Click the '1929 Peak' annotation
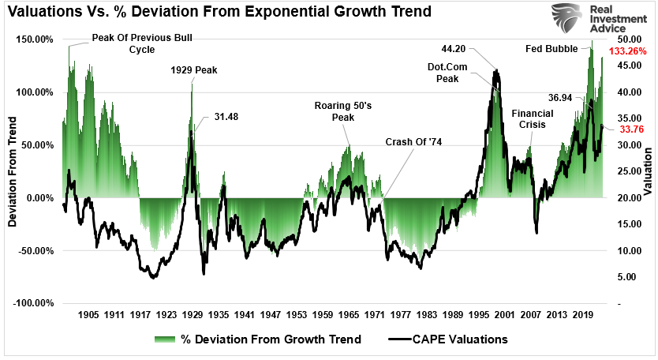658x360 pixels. (x=193, y=69)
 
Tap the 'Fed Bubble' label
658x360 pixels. (x=551, y=48)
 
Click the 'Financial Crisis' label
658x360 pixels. (x=533, y=118)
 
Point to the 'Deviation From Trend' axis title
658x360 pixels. (x=13, y=171)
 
